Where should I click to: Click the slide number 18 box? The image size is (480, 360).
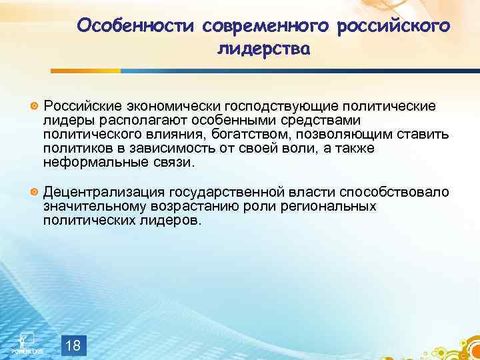(74, 345)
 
